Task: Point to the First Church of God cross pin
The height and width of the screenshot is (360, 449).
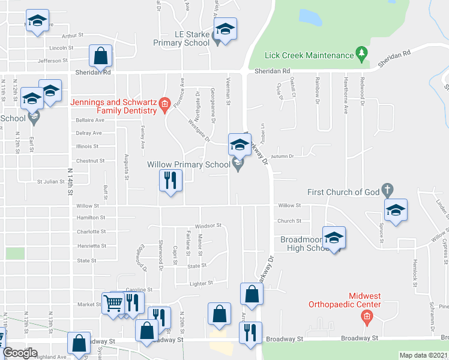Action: pos(388,191)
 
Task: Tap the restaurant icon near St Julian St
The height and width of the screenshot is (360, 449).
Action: pos(170,180)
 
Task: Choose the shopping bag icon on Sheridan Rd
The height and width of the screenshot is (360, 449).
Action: pos(101,56)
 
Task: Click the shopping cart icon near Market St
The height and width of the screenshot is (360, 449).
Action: pos(112,304)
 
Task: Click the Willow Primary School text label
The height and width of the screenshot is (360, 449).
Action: pos(188,164)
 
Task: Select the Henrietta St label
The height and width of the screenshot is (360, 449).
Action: pos(91,246)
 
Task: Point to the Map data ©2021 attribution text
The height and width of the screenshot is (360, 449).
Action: pos(423,355)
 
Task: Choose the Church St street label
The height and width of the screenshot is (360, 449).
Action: pos(289,221)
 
